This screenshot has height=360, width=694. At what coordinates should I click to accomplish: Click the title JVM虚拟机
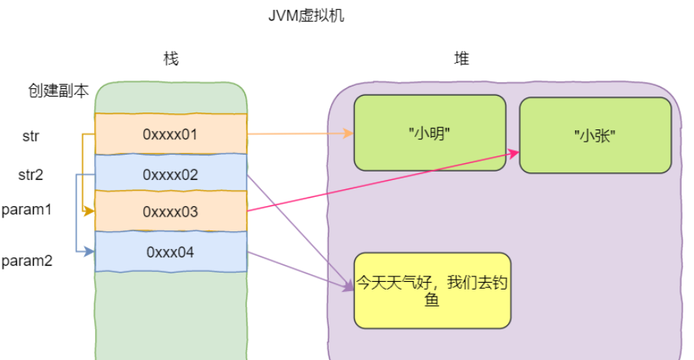click(x=304, y=16)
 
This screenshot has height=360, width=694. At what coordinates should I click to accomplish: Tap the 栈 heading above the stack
click(x=171, y=59)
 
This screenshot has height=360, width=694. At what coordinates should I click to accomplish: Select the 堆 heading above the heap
click(x=461, y=59)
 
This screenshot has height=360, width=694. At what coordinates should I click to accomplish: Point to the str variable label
click(x=31, y=136)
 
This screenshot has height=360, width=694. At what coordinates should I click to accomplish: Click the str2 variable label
click(x=31, y=175)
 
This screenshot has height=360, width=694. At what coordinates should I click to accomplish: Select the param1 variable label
click(x=27, y=209)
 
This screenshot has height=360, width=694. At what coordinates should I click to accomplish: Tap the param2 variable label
click(x=27, y=260)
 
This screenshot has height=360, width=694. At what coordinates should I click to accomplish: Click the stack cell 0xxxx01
click(x=170, y=134)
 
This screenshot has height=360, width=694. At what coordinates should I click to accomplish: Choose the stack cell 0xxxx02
click(x=170, y=175)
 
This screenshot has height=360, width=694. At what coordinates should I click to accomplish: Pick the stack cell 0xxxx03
click(x=170, y=212)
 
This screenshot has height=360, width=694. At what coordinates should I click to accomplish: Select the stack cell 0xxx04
click(x=170, y=251)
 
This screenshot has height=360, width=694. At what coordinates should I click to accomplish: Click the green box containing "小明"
click(x=429, y=133)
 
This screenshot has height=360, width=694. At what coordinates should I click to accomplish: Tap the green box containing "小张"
click(x=595, y=135)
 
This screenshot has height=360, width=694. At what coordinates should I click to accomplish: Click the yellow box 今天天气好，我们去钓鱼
click(x=432, y=290)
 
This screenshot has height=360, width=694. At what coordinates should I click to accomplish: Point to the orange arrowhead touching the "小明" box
click(x=349, y=134)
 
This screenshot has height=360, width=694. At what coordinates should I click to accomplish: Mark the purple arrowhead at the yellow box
click(x=349, y=287)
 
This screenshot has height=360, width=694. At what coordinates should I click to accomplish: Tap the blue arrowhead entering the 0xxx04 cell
click(x=90, y=250)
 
